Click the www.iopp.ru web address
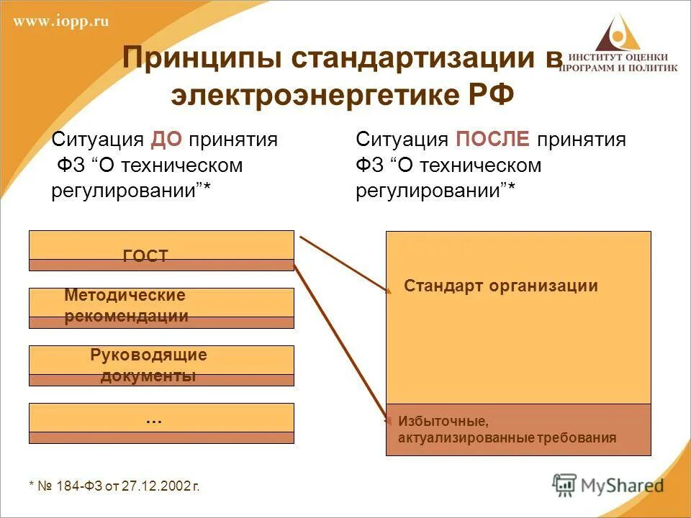[x=61, y=22]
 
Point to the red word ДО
[x=166, y=140]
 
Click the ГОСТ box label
[x=145, y=256]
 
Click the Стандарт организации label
[x=501, y=286]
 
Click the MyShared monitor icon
[x=564, y=484]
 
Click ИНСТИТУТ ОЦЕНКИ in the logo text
[x=618, y=58]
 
